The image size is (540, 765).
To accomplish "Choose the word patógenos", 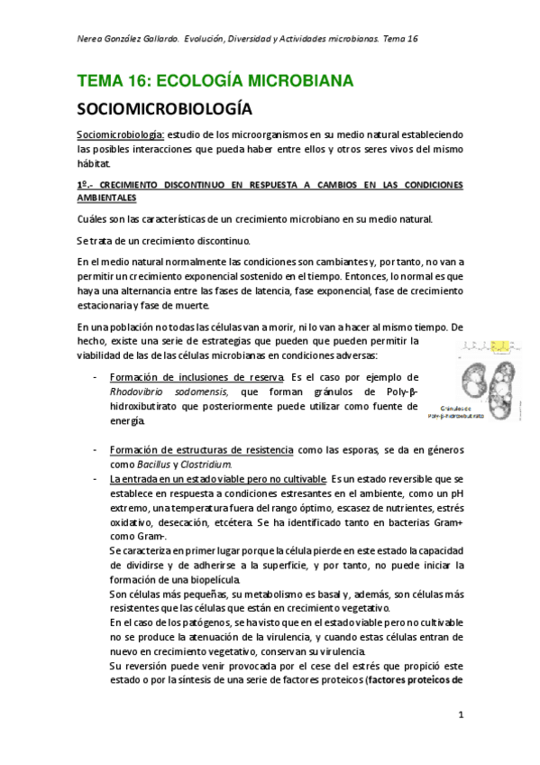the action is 194,622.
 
